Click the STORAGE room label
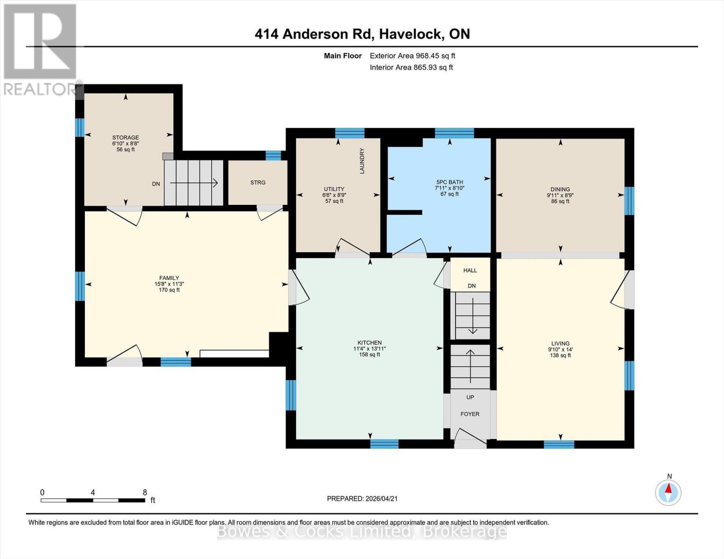[125, 137]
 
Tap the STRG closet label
[258, 183]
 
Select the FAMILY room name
[169, 278]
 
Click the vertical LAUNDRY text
[362, 161]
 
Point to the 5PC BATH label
[449, 182]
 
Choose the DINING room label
[560, 190]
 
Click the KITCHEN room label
[369, 343]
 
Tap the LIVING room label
[560, 344]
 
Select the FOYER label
[470, 414]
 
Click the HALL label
[470, 270]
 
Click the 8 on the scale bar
[145, 492]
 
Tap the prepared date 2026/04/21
[381, 498]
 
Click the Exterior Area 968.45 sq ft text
[412, 56]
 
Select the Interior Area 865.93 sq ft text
[411, 68]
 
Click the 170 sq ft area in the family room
[169, 290]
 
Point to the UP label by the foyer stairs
[470, 397]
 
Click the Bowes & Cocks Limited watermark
[362, 532]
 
